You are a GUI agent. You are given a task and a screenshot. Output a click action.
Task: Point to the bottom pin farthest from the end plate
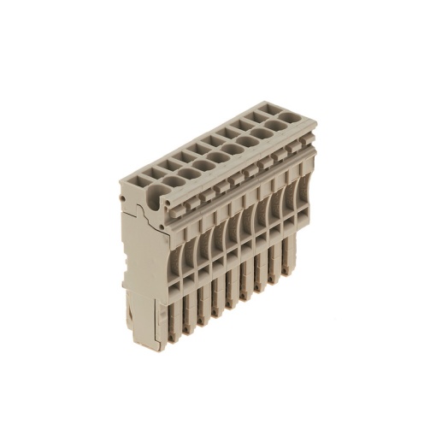point(295,267)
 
